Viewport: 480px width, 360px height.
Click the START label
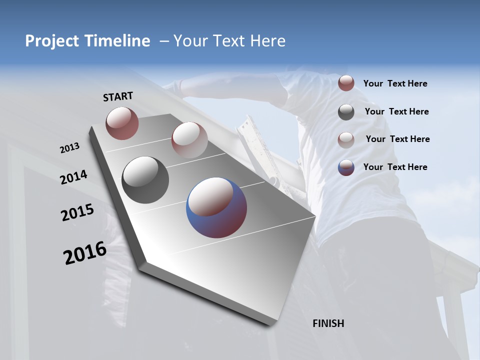click(118, 96)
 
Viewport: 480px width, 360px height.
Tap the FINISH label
click(328, 323)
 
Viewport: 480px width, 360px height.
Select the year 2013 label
click(70, 148)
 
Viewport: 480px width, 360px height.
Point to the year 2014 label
click(74, 177)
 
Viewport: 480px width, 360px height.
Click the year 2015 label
click(77, 212)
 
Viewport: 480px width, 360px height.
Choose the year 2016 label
click(85, 253)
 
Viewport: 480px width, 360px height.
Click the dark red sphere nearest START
click(122, 123)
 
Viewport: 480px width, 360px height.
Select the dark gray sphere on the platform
click(145, 180)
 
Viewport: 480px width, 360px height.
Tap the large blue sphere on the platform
click(216, 207)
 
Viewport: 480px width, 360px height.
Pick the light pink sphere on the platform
click(189, 140)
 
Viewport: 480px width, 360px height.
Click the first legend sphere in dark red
click(346, 83)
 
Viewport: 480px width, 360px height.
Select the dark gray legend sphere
click(346, 112)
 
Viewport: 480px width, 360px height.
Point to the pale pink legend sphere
click(346, 139)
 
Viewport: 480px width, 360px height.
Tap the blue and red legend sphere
click(346, 167)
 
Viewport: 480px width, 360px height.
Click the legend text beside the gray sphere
click(396, 111)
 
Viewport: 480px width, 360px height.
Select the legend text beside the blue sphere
click(395, 167)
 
